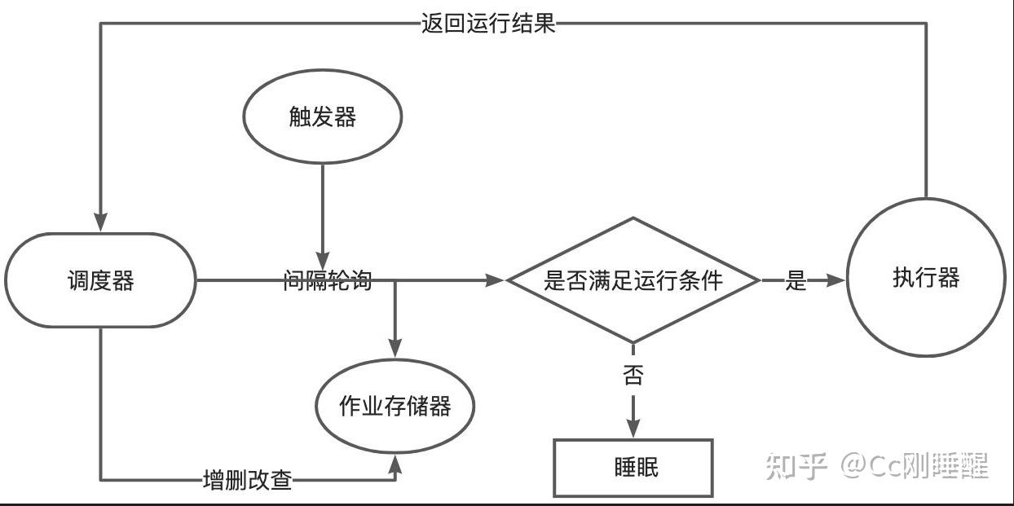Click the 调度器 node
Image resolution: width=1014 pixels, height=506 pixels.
99,280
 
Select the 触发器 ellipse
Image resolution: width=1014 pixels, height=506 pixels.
323,117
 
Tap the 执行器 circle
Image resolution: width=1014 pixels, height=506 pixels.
926,278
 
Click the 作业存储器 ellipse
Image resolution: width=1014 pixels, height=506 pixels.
395,406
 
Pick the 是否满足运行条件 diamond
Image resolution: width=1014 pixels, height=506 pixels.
633,280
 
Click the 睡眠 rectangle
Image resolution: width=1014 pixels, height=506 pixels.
633,468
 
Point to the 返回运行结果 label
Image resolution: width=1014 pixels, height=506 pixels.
487,23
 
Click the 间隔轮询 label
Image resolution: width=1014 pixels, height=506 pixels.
327,281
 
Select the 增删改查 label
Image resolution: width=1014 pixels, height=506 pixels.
247,480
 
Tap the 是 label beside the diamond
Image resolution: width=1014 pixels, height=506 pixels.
796,280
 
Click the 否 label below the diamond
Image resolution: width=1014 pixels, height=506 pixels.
633,376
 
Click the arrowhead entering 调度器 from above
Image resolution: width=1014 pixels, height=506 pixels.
100,222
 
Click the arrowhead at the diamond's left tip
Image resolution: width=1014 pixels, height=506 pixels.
495,280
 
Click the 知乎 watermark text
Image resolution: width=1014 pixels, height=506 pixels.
796,467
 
